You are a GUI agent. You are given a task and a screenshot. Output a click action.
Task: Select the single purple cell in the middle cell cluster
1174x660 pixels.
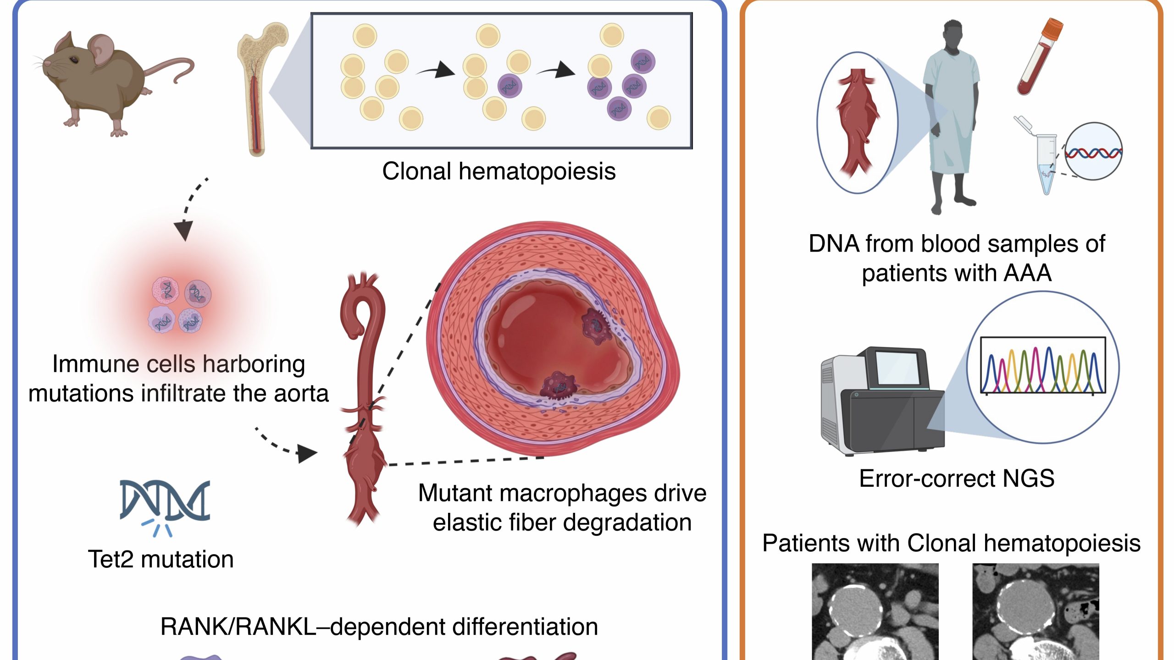pos(509,86)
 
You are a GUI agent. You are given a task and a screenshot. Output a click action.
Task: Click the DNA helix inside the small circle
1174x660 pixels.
pos(1093,152)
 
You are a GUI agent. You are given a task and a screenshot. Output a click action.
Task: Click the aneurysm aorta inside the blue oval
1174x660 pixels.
pos(857,124)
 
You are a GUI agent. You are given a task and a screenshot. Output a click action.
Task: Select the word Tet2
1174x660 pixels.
pos(112,560)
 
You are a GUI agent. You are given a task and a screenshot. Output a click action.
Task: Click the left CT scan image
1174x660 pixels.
pos(875,612)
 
